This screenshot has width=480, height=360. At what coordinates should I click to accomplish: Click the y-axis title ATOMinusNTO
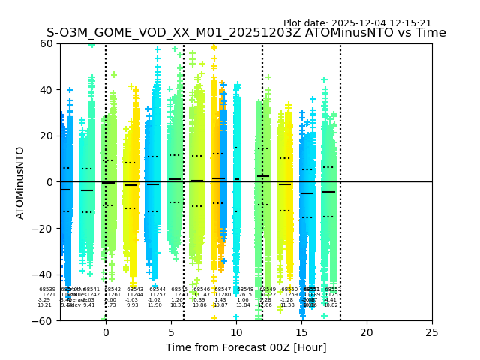coord(20,182)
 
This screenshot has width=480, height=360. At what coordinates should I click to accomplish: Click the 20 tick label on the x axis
coord(367,331)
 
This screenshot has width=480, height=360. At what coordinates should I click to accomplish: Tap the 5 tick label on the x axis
coord(171,331)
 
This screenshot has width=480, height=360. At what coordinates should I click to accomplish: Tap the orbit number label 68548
coord(245,289)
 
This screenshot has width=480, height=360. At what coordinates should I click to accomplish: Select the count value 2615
coord(245,295)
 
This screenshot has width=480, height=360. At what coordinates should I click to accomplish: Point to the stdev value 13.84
coord(243,305)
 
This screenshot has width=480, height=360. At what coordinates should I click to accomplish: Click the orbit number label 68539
coord(47,289)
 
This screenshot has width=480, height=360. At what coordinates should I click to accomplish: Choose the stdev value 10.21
coord(45,305)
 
